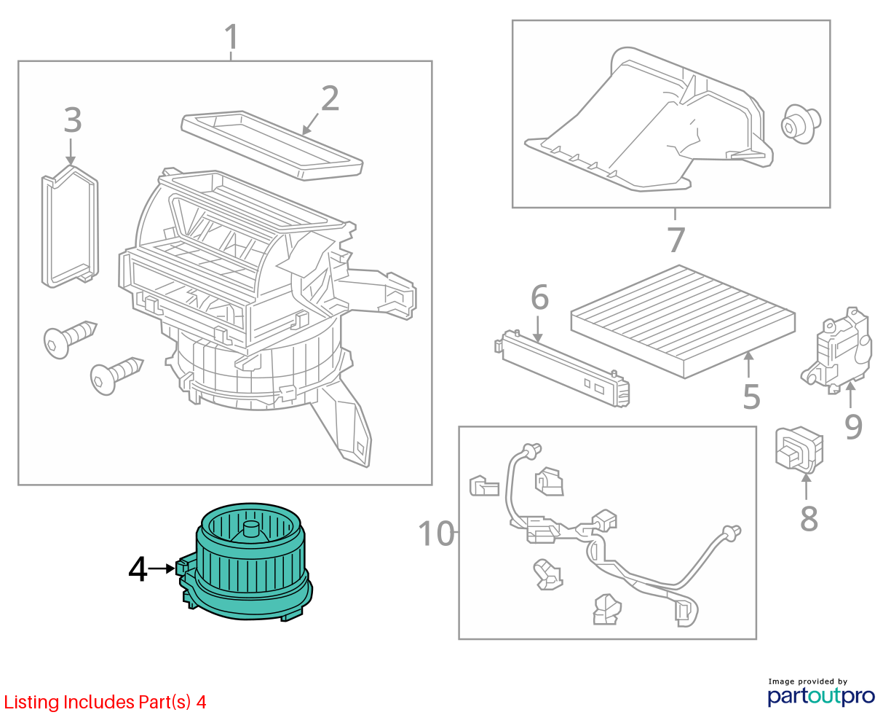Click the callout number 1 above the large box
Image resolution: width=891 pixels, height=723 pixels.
pyautogui.click(x=231, y=36)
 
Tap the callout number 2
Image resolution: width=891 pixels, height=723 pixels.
pyautogui.click(x=330, y=98)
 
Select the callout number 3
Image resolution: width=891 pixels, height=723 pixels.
pyautogui.click(x=73, y=120)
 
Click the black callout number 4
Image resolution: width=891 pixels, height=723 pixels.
pyautogui.click(x=138, y=568)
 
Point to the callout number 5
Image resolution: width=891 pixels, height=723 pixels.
pyautogui.click(x=751, y=396)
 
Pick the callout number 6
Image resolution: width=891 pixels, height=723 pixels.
pyautogui.click(x=539, y=297)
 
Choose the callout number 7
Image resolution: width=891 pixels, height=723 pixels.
pyautogui.click(x=676, y=240)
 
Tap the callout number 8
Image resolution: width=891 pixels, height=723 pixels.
pyautogui.click(x=809, y=519)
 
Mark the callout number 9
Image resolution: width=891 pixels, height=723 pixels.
pyautogui.click(x=853, y=426)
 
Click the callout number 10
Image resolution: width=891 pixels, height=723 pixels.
pyautogui.click(x=436, y=534)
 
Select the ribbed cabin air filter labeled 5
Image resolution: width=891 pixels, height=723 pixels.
pyautogui.click(x=683, y=321)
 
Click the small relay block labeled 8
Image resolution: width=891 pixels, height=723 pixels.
pyautogui.click(x=799, y=450)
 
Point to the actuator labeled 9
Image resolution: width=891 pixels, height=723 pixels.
pyautogui.click(x=836, y=351)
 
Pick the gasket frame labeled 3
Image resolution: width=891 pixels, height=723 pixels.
pyautogui.click(x=71, y=227)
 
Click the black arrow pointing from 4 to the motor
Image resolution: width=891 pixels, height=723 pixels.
pyautogui.click(x=162, y=568)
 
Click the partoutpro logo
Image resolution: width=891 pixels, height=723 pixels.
pyautogui.click(x=821, y=696)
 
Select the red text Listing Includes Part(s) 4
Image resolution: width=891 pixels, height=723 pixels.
pyautogui.click(x=105, y=703)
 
